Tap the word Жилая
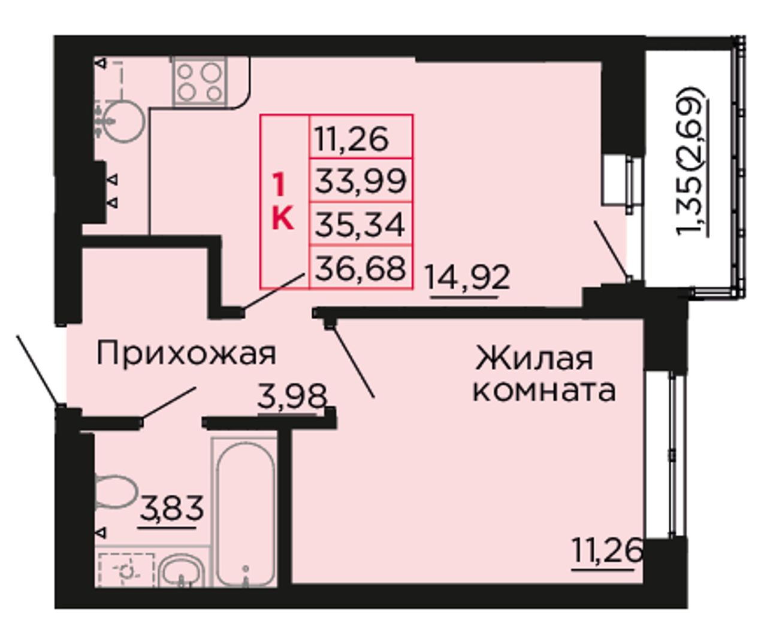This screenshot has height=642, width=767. [534, 358]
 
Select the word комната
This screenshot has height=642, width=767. [544, 392]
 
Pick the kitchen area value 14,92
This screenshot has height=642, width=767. [467, 277]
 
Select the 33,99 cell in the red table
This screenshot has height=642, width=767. [361, 181]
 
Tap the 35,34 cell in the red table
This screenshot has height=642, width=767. [361, 223]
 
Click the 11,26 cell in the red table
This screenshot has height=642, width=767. [361, 137]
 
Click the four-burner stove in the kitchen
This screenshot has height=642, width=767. [200, 81]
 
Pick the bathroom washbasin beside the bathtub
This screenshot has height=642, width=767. [182, 571]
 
